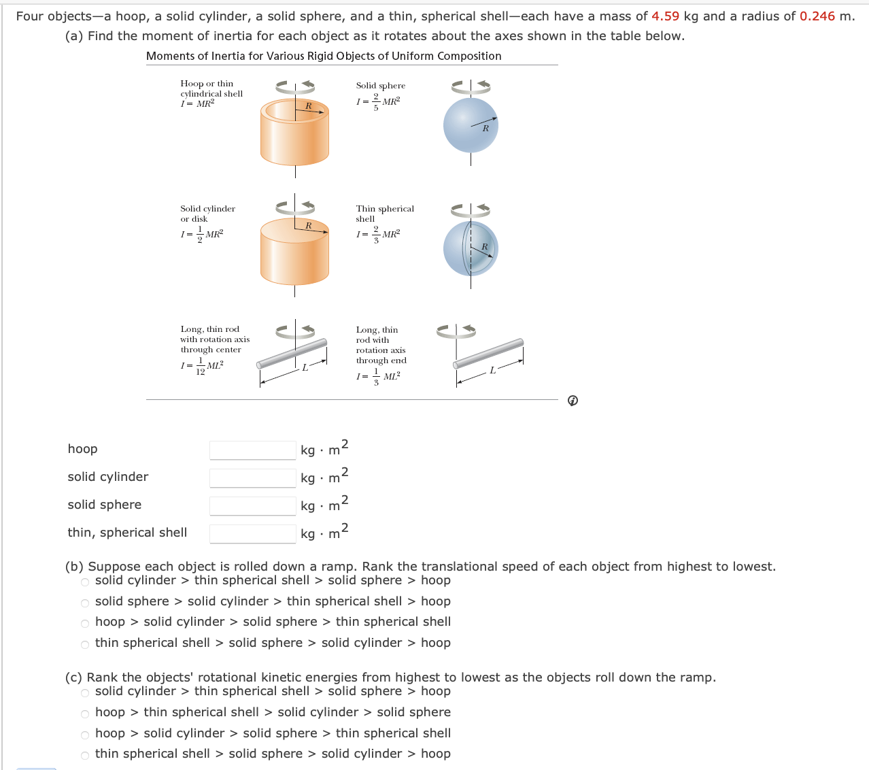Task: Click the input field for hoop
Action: [252, 450]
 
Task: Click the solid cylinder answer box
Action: [252, 478]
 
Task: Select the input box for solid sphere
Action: [252, 506]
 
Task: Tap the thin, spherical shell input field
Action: [252, 534]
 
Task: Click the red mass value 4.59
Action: [665, 16]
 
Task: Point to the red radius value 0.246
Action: [817, 16]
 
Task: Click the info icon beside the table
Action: [573, 401]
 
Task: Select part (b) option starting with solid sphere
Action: [85, 603]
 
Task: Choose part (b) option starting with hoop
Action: [85, 623]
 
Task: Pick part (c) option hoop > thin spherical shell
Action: [85, 714]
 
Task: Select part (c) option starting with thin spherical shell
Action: [85, 755]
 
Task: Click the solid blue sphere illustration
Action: [471, 126]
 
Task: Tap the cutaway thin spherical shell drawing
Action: [471, 248]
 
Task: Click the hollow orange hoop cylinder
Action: [294, 133]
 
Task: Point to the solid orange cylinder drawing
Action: [294, 252]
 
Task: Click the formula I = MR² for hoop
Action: [197, 104]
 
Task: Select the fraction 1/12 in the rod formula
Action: [200, 366]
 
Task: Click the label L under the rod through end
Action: [492, 371]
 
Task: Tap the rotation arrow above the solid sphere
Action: [471, 86]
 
